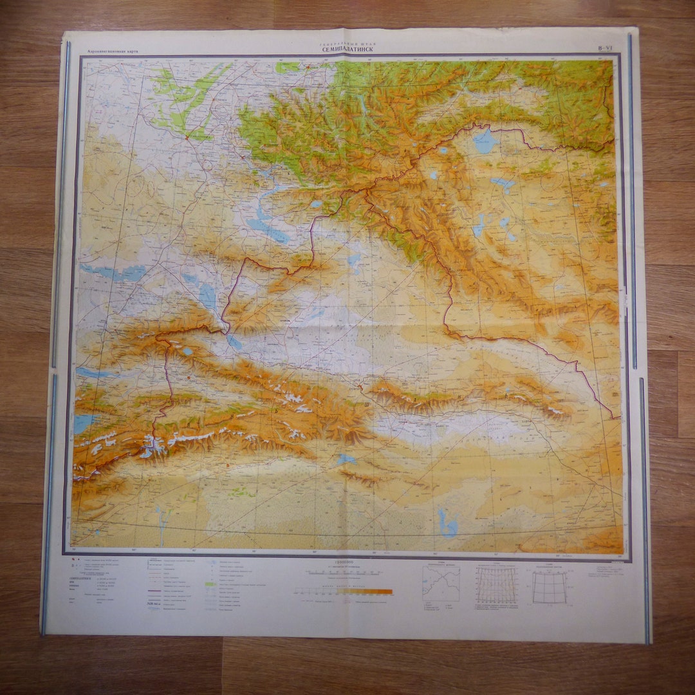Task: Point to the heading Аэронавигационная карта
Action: pos(113,50)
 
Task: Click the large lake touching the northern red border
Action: pos(484,141)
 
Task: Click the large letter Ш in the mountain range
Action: pos(367,404)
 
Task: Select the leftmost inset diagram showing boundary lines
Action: pos(441,583)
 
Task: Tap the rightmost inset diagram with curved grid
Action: pos(549,588)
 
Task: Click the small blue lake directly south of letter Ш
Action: pos(346,459)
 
